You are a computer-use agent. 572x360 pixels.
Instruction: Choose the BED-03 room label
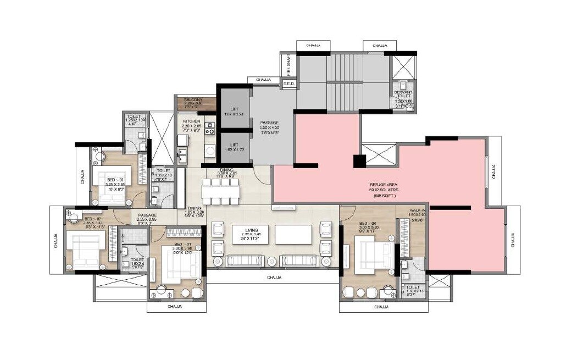(114, 180)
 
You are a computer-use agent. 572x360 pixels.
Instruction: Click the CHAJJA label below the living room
(273, 278)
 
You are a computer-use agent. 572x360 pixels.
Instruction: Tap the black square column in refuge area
(359, 162)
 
